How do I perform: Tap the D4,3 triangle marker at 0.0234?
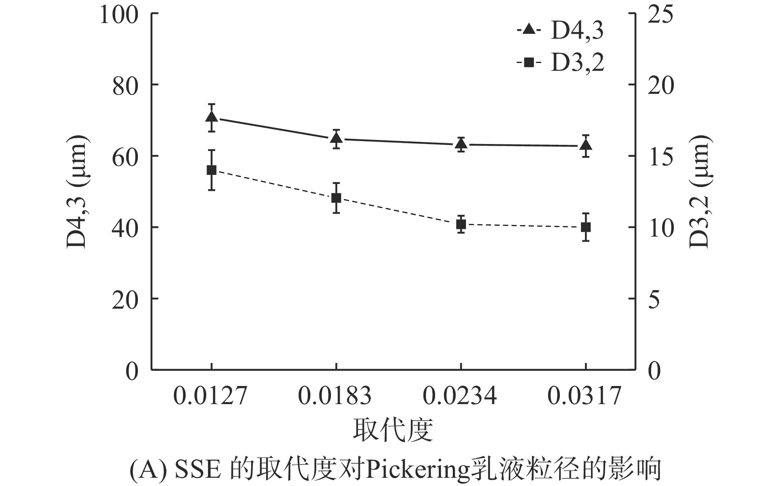click(461, 144)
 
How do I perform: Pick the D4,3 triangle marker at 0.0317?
click(586, 145)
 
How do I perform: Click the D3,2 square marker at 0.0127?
click(212, 170)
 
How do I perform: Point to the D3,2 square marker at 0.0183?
click(336, 198)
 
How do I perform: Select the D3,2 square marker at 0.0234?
click(461, 224)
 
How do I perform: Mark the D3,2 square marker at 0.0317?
click(586, 227)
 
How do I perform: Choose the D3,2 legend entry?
click(560, 63)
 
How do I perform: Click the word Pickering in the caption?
click(417, 469)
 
